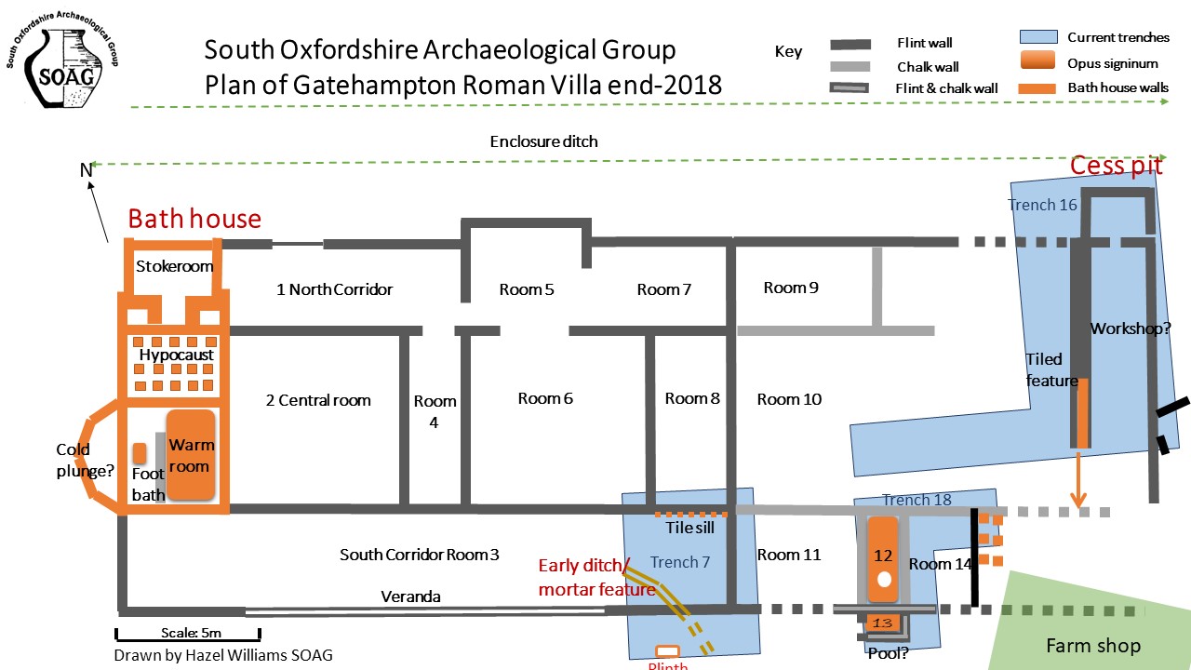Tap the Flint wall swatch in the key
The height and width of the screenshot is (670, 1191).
(x=850, y=44)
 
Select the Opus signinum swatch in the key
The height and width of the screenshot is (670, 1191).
(x=1037, y=60)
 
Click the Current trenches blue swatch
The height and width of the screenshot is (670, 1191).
(x=1038, y=36)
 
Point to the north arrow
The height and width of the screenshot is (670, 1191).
(x=98, y=211)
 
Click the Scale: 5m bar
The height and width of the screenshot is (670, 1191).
(x=188, y=634)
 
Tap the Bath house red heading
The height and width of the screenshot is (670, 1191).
(x=194, y=219)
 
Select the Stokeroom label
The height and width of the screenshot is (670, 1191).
(x=174, y=266)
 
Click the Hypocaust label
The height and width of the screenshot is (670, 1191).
(x=176, y=355)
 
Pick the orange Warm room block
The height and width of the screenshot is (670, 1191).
(x=191, y=455)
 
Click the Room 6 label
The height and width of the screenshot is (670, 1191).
(x=545, y=398)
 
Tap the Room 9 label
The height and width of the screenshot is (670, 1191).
(x=791, y=288)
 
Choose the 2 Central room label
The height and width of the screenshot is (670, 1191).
(x=318, y=400)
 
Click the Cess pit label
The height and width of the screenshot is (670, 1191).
(x=1116, y=166)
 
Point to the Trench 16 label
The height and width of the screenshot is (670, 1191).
(x=1042, y=205)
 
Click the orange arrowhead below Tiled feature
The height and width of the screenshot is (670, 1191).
(x=1078, y=501)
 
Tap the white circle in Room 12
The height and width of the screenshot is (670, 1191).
(x=884, y=580)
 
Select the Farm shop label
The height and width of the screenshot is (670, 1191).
(x=1093, y=646)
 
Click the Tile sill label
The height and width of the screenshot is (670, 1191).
(x=689, y=528)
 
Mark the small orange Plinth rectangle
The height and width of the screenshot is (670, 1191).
(x=667, y=651)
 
